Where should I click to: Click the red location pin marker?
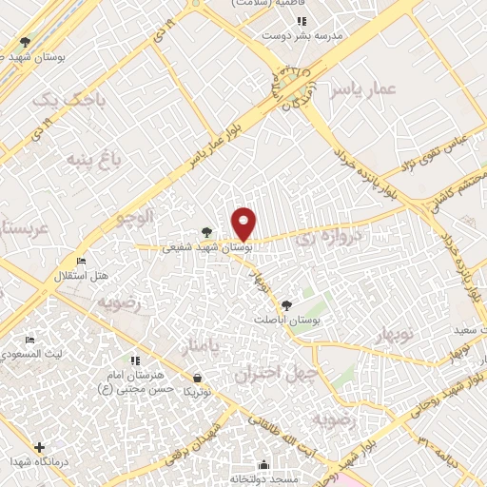[244, 224]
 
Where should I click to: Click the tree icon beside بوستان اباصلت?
[286, 304]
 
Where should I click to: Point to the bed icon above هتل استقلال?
[81, 261]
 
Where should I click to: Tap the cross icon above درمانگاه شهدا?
[39, 446]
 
